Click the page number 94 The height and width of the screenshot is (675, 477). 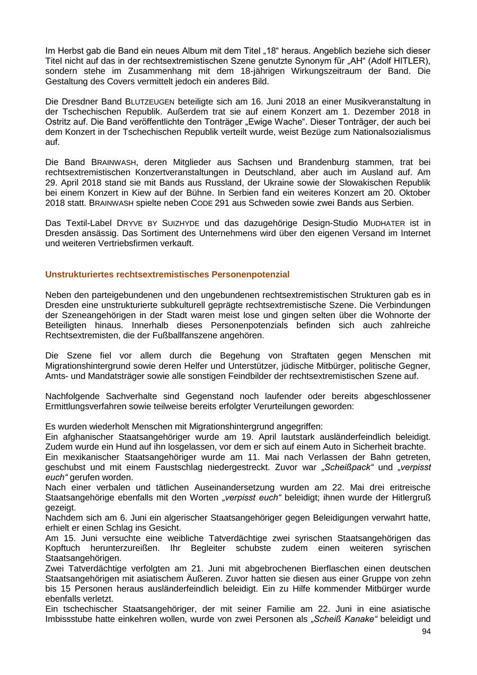pos(426,631)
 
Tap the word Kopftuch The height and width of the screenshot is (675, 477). pos(63,548)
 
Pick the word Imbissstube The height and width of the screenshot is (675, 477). pos(70,619)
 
